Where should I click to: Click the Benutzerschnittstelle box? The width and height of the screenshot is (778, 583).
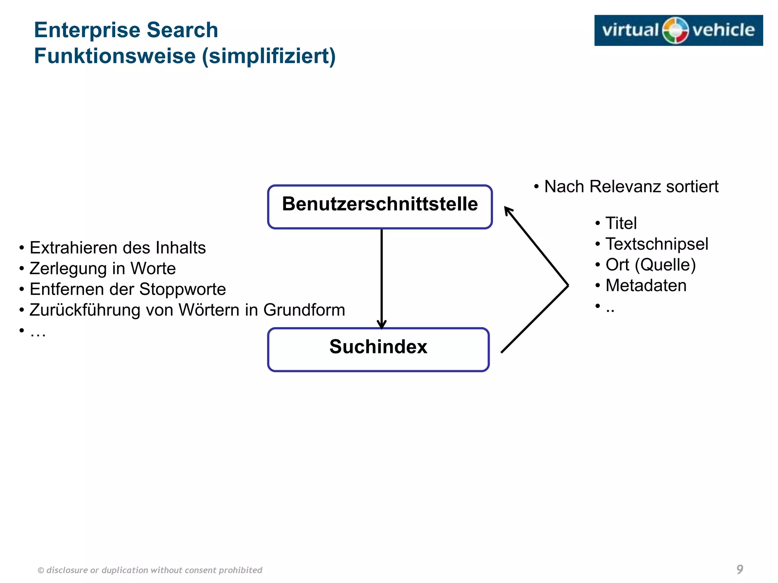pyautogui.click(x=380, y=207)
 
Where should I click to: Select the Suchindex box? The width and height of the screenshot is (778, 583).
pyautogui.click(x=378, y=349)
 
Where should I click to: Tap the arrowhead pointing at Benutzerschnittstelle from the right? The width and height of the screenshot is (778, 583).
pyautogui.click(x=508, y=211)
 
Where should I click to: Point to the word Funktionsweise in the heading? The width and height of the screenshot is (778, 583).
pyautogui.click(x=115, y=56)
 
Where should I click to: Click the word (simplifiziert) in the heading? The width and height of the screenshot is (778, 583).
pyautogui.click(x=269, y=56)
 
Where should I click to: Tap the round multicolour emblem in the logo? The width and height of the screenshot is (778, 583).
pyautogui.click(x=675, y=30)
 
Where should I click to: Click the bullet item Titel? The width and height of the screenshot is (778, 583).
pyautogui.click(x=621, y=223)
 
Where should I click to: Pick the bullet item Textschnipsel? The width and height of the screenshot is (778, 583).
pyautogui.click(x=656, y=244)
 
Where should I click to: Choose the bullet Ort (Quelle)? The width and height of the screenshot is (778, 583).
pyautogui.click(x=650, y=265)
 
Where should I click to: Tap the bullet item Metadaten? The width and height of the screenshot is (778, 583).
pyautogui.click(x=646, y=285)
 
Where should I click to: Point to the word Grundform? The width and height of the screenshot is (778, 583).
pyautogui.click(x=304, y=310)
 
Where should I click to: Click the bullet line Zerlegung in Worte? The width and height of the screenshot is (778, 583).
pyautogui.click(x=103, y=269)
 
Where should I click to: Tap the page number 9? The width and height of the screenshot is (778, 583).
pyautogui.click(x=740, y=569)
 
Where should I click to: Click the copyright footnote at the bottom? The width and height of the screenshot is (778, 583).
pyautogui.click(x=150, y=570)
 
